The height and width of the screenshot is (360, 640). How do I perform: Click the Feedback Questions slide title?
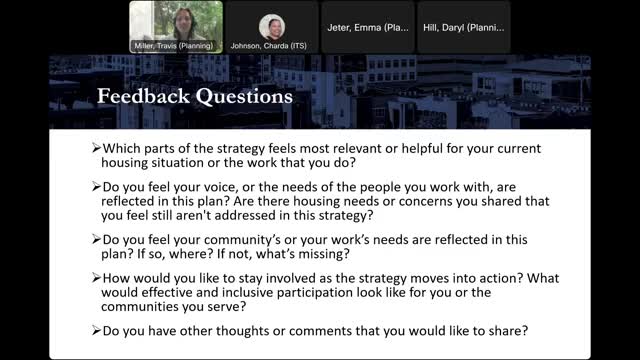pos(194,97)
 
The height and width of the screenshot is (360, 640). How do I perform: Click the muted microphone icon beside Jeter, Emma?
pos(352,46)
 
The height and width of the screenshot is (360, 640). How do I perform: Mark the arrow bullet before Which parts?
pos(84,148)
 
